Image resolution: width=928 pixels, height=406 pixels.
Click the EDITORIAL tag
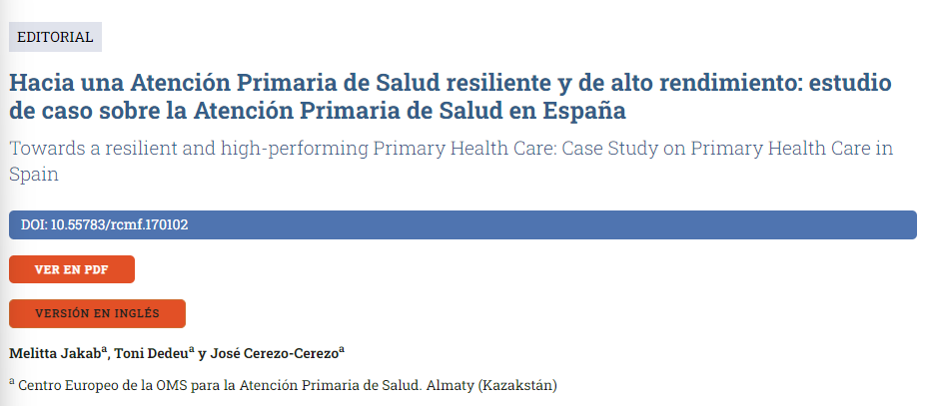click(x=55, y=37)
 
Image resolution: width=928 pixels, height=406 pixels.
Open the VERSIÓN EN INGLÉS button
click(x=97, y=313)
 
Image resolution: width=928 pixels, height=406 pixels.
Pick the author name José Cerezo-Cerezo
click(x=281, y=354)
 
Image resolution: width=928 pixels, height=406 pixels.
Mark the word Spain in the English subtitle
click(x=33, y=175)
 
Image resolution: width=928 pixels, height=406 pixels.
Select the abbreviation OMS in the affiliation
click(x=169, y=384)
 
